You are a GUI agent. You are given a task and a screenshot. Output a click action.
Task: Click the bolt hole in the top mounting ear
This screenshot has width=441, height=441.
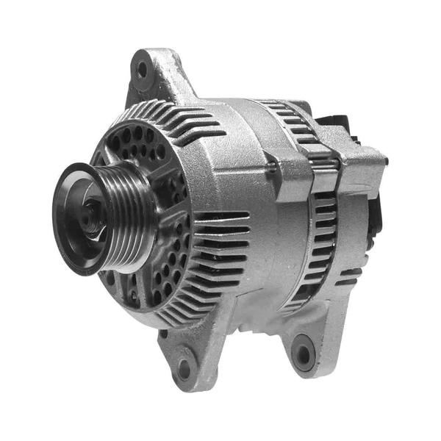point(142,70)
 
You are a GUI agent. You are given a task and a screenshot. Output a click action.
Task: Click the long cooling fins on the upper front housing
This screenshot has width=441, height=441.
point(184,121)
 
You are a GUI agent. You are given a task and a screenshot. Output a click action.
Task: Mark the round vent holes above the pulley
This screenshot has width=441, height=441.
point(136,143)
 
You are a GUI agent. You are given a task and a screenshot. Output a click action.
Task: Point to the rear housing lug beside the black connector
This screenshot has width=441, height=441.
point(360,158)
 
